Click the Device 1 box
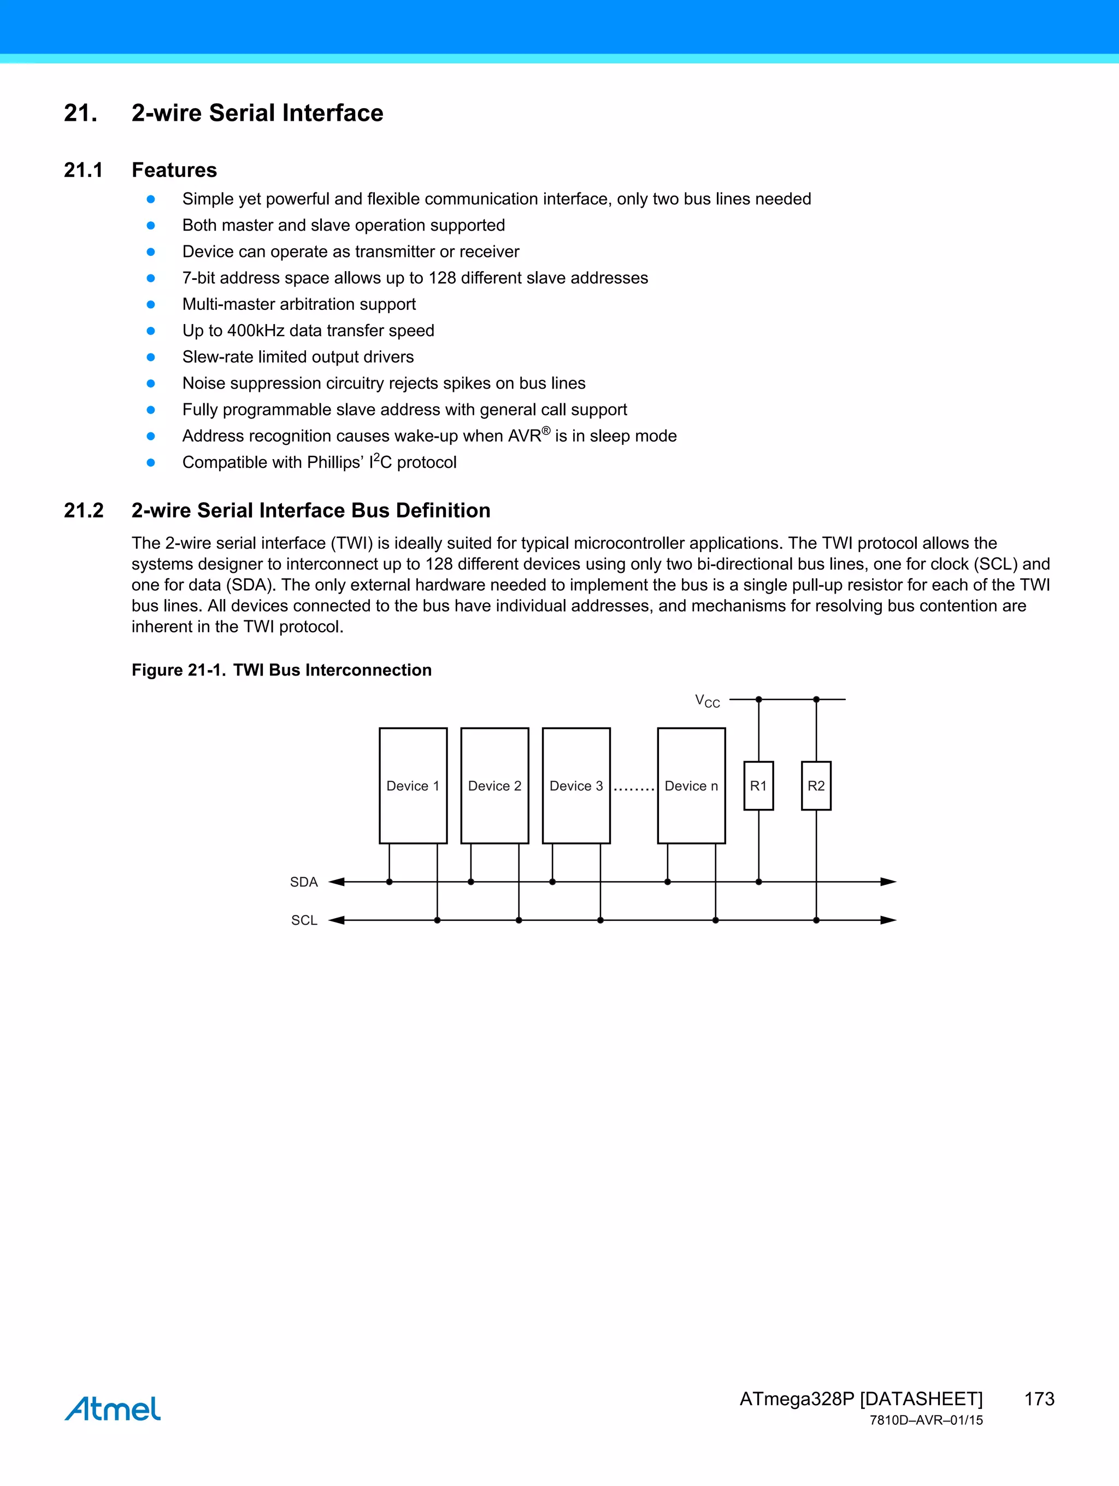[x=413, y=785]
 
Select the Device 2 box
[x=494, y=785]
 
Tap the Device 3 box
[x=576, y=785]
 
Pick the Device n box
[x=691, y=785]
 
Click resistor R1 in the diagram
[x=758, y=785]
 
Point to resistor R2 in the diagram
[x=816, y=785]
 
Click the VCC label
[x=707, y=701]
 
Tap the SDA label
[x=304, y=882]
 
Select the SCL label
[x=304, y=920]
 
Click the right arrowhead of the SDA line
[x=888, y=882]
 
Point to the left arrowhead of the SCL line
[x=337, y=920]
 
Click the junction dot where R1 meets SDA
[x=758, y=882]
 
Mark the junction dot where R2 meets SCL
[x=816, y=920]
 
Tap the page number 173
[x=1039, y=1399]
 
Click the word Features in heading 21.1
[x=174, y=170]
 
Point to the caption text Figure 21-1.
[x=179, y=670]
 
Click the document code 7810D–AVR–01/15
[x=926, y=1420]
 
